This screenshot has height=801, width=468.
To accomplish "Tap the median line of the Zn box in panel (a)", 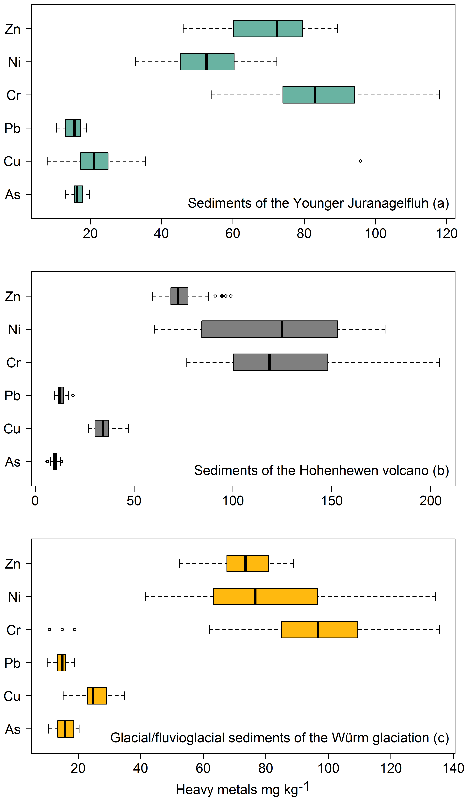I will [x=277, y=29].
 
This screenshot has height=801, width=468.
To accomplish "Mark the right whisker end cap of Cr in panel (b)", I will [x=440, y=362].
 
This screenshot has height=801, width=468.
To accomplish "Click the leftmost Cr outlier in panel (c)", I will [x=49, y=629].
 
